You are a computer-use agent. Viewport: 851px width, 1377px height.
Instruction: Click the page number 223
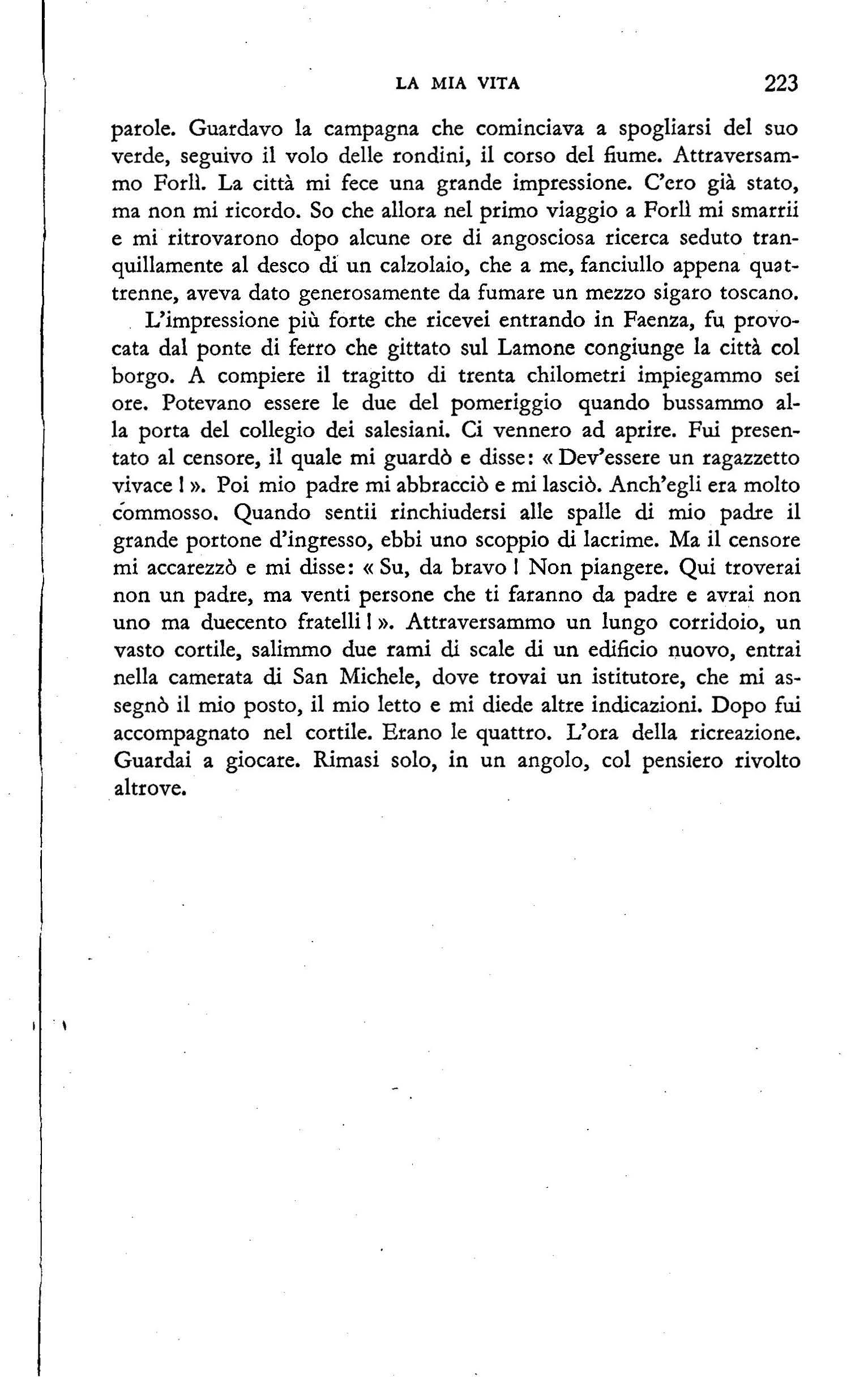tap(780, 84)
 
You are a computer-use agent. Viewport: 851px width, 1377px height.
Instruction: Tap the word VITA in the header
tap(499, 84)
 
